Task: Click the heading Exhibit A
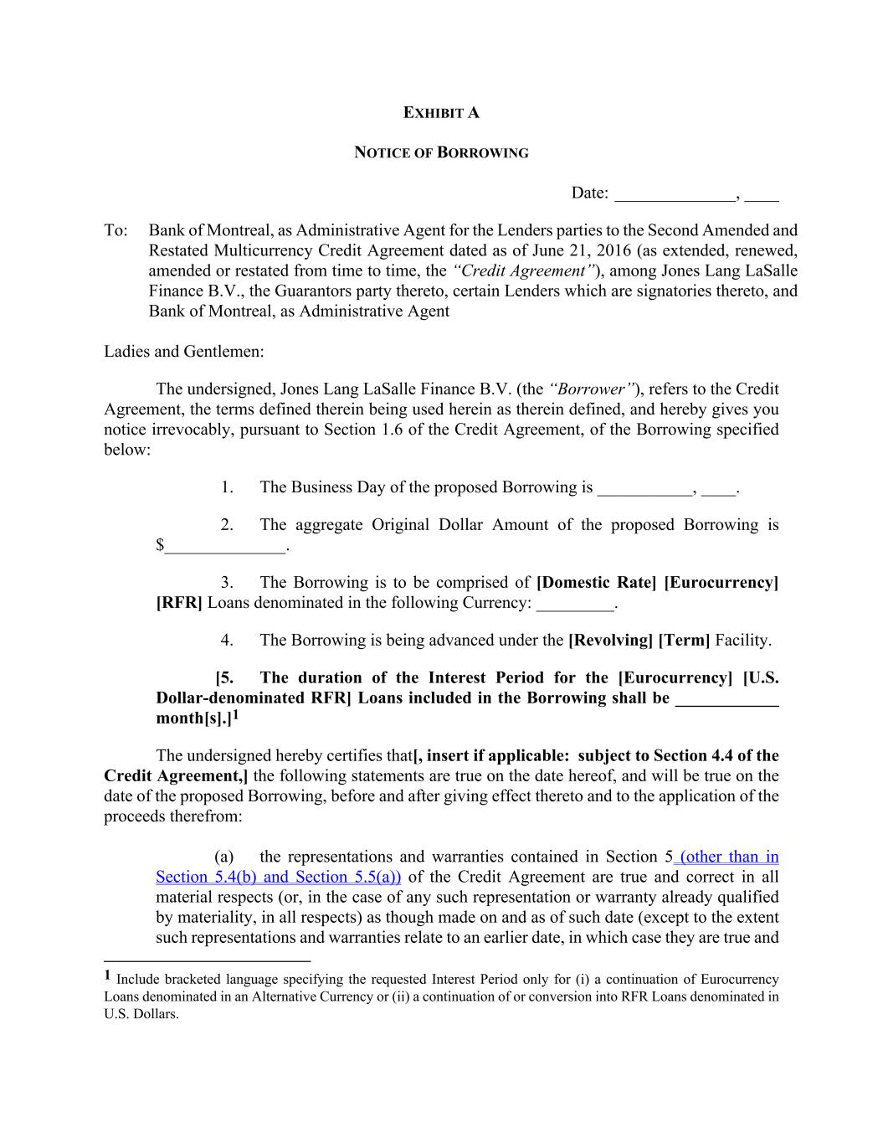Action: pyautogui.click(x=441, y=113)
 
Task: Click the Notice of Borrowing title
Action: pyautogui.click(x=441, y=153)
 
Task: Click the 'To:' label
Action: pyautogui.click(x=116, y=230)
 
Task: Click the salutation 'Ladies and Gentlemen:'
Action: pyautogui.click(x=184, y=351)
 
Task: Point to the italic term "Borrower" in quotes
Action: pyautogui.click(x=593, y=389)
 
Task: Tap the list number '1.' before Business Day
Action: pyautogui.click(x=227, y=487)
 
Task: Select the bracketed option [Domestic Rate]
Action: pyautogui.click(x=596, y=583)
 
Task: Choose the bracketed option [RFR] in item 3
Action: pyautogui.click(x=179, y=603)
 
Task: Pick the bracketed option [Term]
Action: pyautogui.click(x=684, y=641)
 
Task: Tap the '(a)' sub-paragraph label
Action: pyautogui.click(x=223, y=857)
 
